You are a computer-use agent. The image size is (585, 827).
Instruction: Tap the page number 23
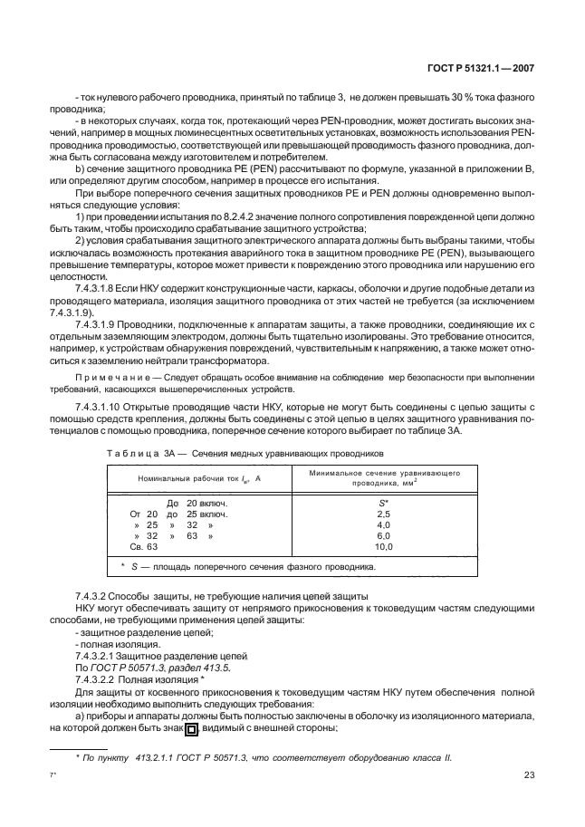529,774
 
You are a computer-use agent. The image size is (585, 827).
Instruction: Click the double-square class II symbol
191,728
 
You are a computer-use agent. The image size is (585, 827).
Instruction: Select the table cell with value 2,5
383,513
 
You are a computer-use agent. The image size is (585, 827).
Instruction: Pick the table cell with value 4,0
383,524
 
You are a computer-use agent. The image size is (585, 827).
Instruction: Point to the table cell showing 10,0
384,547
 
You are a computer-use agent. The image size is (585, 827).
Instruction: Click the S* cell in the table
383,502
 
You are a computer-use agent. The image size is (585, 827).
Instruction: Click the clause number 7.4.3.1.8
101,286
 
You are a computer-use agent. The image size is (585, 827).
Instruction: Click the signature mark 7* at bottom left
53,775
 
